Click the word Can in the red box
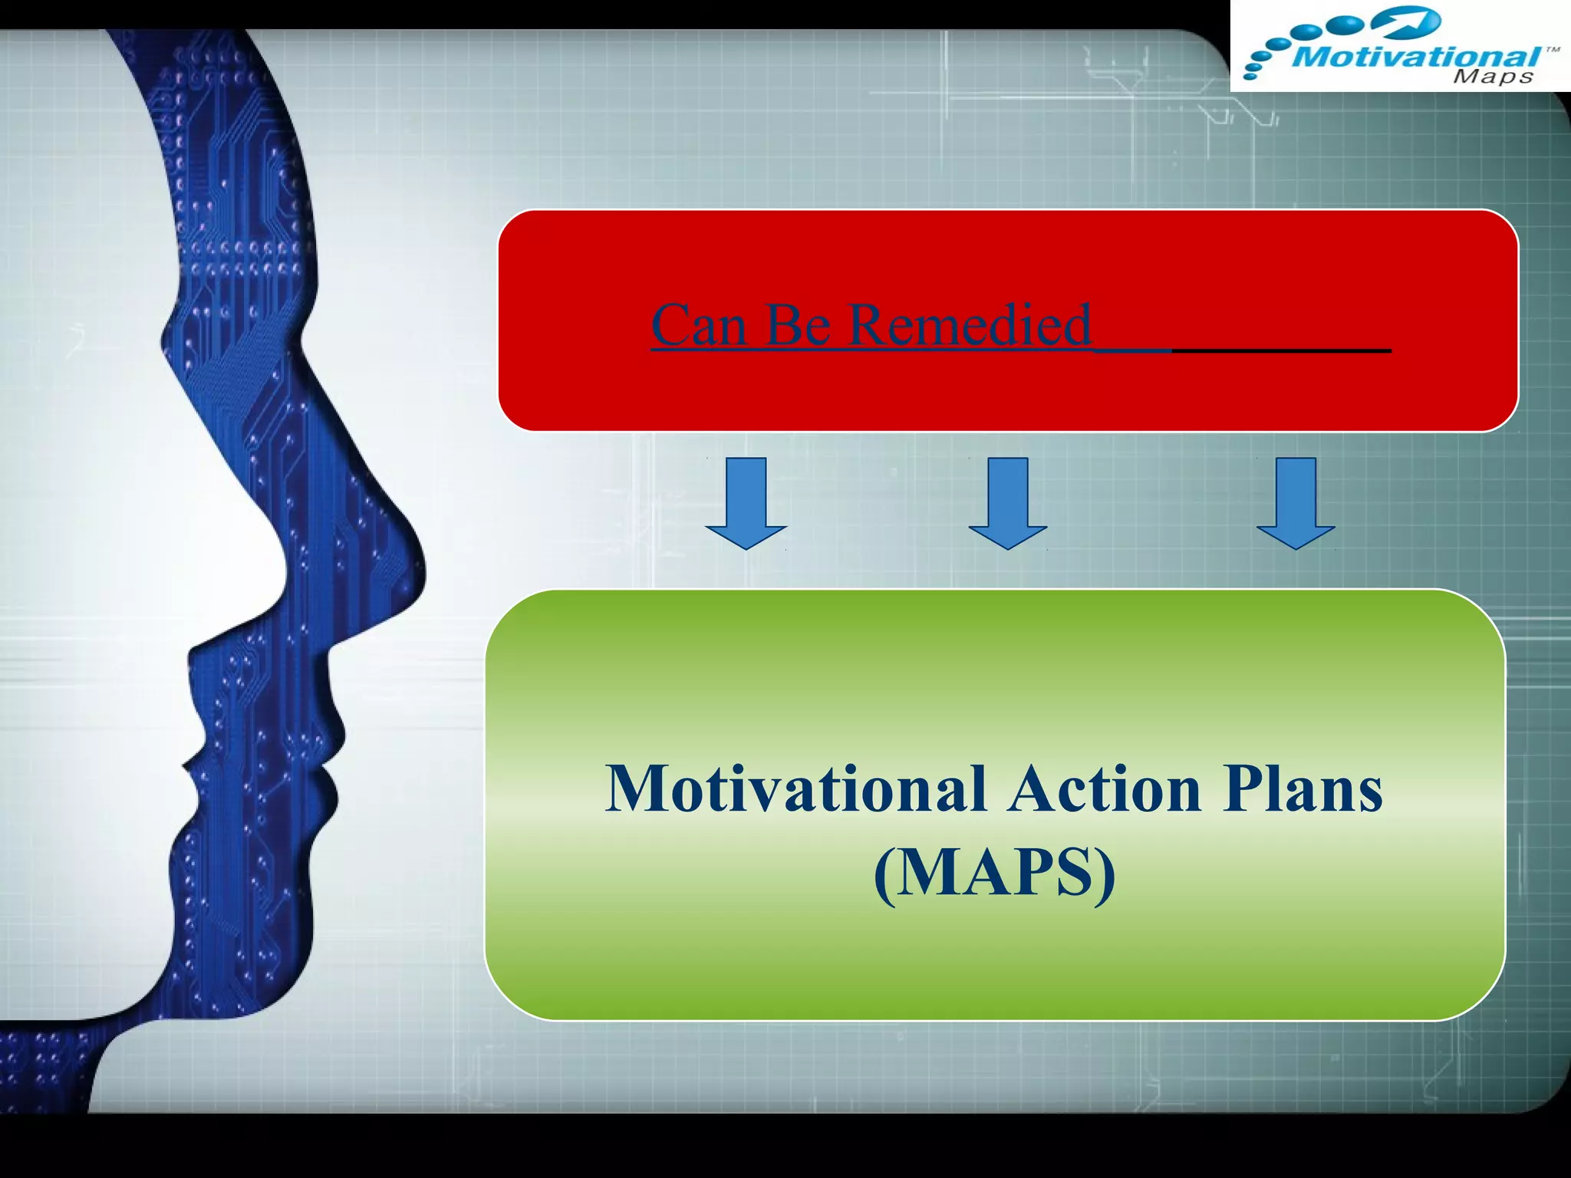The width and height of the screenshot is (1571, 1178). [x=698, y=325]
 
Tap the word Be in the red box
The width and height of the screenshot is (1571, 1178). [x=798, y=325]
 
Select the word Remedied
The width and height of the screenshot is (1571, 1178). [x=970, y=325]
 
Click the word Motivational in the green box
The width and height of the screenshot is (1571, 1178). [x=795, y=790]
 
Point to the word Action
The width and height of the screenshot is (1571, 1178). [x=1105, y=790]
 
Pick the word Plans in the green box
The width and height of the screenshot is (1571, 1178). [x=1303, y=790]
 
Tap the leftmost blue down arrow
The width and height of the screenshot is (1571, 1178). [x=746, y=502]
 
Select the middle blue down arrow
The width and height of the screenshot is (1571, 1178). [x=1007, y=502]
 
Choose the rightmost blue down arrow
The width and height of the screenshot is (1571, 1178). [x=1296, y=502]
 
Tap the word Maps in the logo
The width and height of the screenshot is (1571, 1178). [x=1493, y=77]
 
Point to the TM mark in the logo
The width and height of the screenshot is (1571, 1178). [x=1552, y=50]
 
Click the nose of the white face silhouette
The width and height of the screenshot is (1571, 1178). [x=284, y=568]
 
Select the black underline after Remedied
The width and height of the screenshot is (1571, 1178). [x=1281, y=350]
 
